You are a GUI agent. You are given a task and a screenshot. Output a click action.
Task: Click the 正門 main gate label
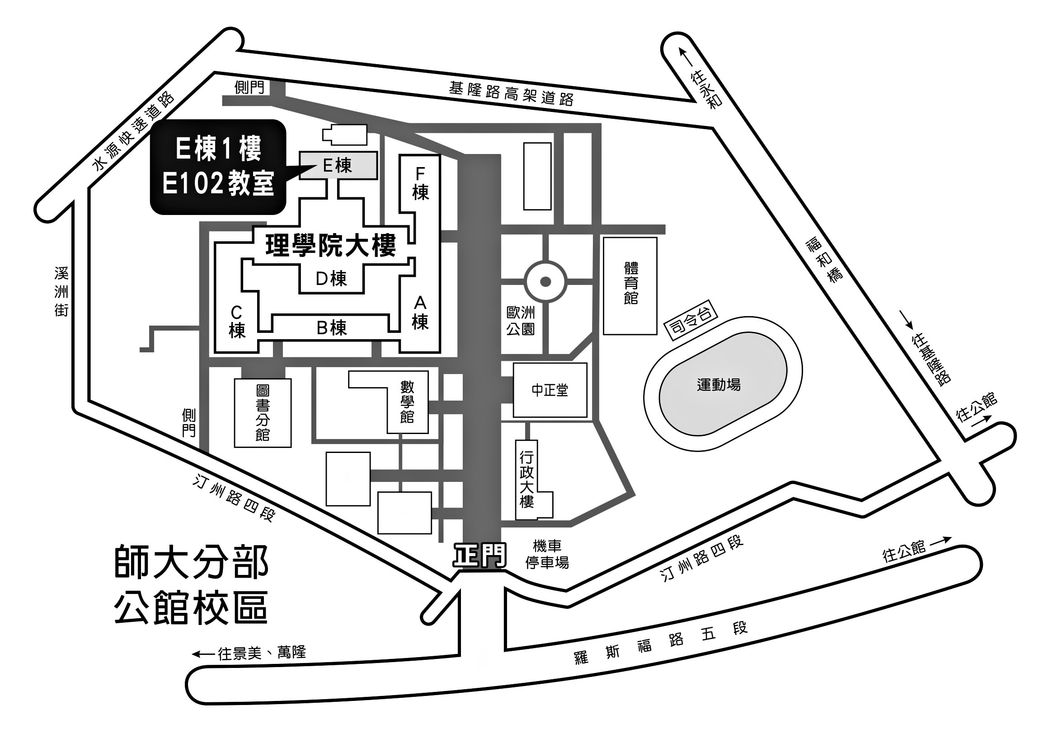[x=480, y=556]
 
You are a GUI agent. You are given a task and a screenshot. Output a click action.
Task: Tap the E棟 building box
[x=338, y=166]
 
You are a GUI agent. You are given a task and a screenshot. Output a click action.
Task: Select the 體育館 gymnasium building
[x=630, y=285]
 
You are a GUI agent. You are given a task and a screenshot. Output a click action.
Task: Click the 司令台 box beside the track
[x=691, y=321]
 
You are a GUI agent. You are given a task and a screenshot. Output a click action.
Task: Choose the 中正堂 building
[x=550, y=390]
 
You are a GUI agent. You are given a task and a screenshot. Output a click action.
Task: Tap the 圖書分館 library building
[x=263, y=413]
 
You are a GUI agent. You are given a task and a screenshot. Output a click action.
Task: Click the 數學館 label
[x=407, y=402]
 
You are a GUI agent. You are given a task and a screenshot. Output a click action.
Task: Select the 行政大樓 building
[x=533, y=480]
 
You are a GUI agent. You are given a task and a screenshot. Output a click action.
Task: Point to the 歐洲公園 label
[x=521, y=321]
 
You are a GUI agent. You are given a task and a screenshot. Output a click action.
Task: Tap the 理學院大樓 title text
[x=330, y=246]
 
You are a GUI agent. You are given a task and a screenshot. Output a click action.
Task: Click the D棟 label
[x=331, y=278]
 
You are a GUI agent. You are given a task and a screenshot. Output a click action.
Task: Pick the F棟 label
[x=420, y=183]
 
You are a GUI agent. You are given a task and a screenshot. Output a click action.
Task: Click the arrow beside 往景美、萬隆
[x=203, y=654]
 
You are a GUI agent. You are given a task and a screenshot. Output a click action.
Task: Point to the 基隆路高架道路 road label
[x=511, y=93]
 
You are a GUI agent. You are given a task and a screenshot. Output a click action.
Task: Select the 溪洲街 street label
[x=61, y=292]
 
